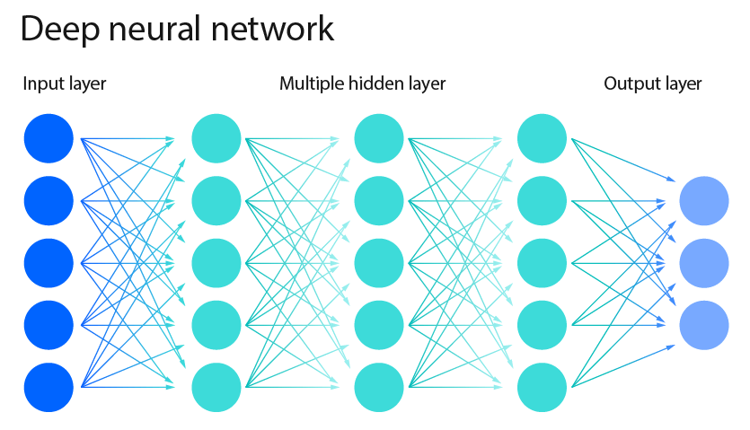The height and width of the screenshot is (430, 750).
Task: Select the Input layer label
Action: [65, 84]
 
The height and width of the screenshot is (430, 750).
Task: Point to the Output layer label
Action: [653, 84]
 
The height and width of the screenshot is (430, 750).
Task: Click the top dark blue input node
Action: [49, 139]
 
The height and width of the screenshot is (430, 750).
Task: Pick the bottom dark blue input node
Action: [49, 387]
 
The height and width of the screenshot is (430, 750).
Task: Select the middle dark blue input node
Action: [49, 263]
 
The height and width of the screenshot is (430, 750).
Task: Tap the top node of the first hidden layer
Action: [216, 139]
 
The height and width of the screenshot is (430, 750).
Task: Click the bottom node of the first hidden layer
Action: [216, 387]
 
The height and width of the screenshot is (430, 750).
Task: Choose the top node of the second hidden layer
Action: [379, 139]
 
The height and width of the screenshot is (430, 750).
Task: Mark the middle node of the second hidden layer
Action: [379, 263]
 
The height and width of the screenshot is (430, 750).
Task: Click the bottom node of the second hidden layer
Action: [379, 387]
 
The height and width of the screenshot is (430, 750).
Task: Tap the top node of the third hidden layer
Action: [543, 139]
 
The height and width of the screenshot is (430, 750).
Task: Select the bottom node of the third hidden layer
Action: [543, 387]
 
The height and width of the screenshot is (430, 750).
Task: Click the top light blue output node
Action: [704, 201]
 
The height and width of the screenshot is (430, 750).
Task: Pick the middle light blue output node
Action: [704, 263]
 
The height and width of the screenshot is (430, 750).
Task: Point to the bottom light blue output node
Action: [704, 325]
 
